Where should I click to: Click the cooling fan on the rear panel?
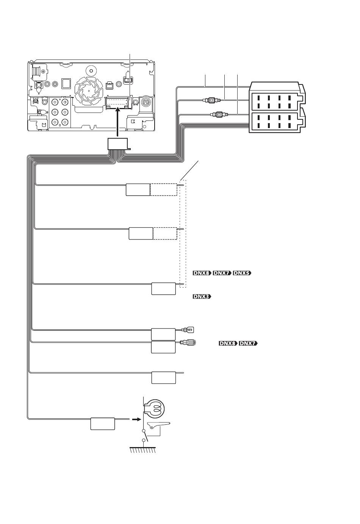pos(89,90)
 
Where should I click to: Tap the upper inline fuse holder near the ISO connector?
pos(212,100)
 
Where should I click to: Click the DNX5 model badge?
pos(242,273)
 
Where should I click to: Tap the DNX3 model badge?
pos(202,297)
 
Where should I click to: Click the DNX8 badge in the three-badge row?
pos(202,273)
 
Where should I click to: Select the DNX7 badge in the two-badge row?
pos(248,343)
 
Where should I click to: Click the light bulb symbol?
pos(154,409)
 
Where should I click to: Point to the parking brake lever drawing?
pos(159,425)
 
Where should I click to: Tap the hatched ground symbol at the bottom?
pos(143,450)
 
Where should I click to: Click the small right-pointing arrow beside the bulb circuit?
pos(136,419)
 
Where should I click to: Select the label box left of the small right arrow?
pos(103,424)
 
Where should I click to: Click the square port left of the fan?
pos(66,83)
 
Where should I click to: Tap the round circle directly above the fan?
pos(91,70)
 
